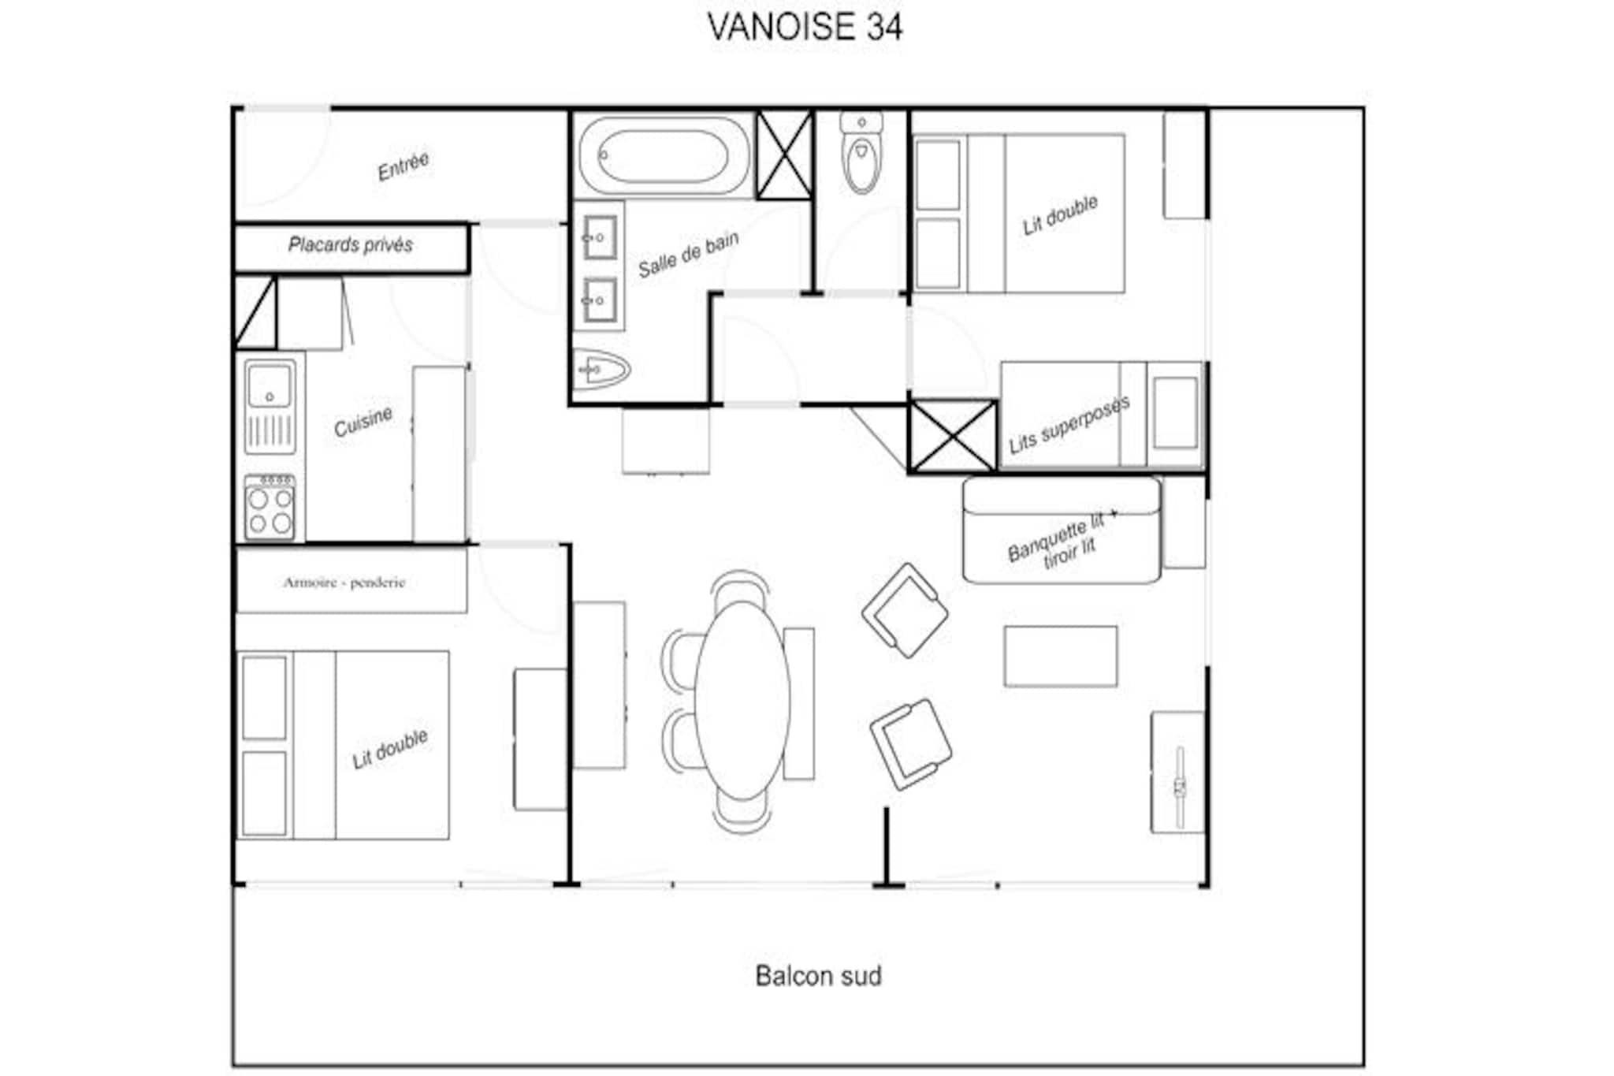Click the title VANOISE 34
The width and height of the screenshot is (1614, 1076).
click(805, 27)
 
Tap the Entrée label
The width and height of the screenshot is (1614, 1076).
click(403, 166)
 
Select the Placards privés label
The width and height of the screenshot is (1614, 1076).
click(351, 245)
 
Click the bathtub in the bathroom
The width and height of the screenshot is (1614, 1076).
click(664, 155)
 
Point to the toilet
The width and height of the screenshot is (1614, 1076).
click(861, 153)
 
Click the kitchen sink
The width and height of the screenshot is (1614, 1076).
click(270, 407)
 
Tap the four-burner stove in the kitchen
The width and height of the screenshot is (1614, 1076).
click(270, 507)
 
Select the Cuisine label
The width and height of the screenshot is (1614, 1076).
click(363, 422)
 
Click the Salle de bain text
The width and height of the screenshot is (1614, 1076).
click(688, 255)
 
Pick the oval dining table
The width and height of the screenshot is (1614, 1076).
click(742, 701)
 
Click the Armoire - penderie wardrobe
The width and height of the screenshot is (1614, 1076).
click(351, 581)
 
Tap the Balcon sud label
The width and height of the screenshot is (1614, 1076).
click(818, 976)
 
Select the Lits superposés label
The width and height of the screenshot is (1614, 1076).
click(1069, 424)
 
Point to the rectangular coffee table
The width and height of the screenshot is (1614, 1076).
click(1060, 657)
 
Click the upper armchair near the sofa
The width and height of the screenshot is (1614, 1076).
click(905, 610)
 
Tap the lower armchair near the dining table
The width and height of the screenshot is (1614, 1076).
click(911, 744)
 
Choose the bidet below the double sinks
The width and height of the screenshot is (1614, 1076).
click(601, 368)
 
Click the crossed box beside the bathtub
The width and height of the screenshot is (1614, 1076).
click(784, 155)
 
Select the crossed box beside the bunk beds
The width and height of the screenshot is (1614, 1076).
click(953, 436)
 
